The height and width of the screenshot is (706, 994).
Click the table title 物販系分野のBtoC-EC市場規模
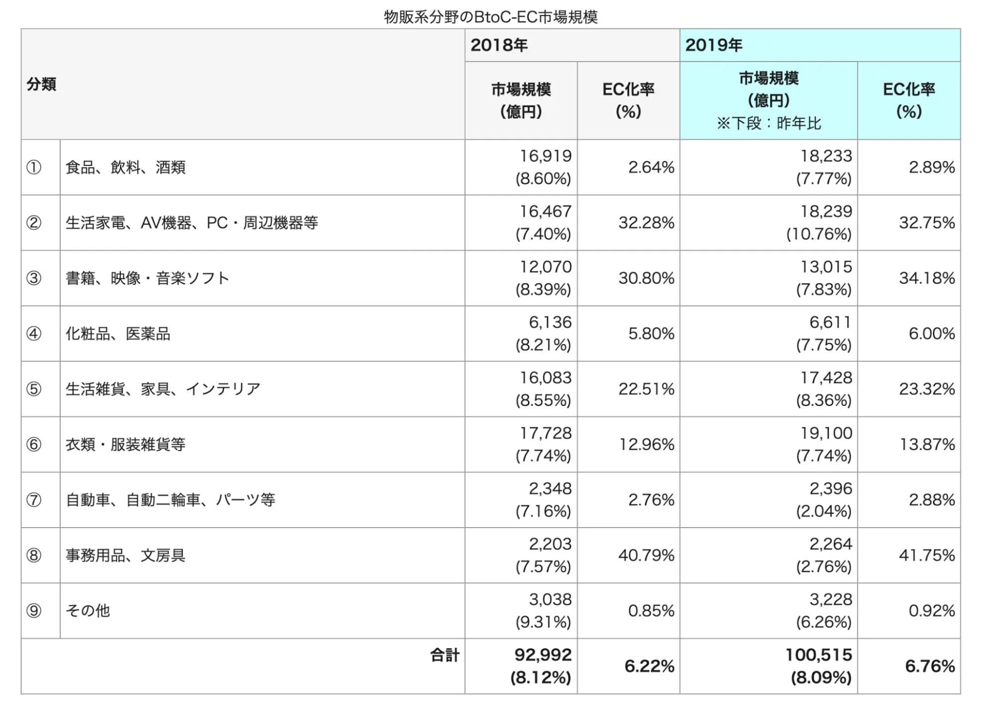pos(490,17)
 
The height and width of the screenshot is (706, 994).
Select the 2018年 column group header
pos(499,45)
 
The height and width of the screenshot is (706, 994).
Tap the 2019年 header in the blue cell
pos(714,45)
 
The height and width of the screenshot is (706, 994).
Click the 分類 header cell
pos(41,84)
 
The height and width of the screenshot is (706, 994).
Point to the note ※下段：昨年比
pos(769,123)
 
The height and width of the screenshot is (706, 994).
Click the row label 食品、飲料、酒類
pos(125,167)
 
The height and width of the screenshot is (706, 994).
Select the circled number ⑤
pos(34,389)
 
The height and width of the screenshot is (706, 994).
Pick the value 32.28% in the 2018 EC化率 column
pos(646,223)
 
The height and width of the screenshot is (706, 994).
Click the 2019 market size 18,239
pos(826,212)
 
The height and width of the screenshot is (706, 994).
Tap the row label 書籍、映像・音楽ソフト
pos(148,278)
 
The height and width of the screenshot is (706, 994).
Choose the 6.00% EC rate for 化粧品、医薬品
pos(931,333)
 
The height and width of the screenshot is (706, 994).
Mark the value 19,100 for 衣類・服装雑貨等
pos(826,433)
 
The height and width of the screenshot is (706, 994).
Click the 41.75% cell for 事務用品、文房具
pos(926,555)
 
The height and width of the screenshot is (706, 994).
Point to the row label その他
pos(88,611)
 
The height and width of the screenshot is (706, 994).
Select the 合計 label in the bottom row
pos(445,655)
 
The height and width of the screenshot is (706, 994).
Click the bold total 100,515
pos(818,655)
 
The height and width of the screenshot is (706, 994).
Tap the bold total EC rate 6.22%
pos(649,666)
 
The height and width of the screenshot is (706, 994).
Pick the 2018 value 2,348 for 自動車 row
pos(550,489)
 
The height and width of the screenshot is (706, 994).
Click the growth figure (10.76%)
pos(818,234)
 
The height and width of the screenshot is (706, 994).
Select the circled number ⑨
pos(34,611)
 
